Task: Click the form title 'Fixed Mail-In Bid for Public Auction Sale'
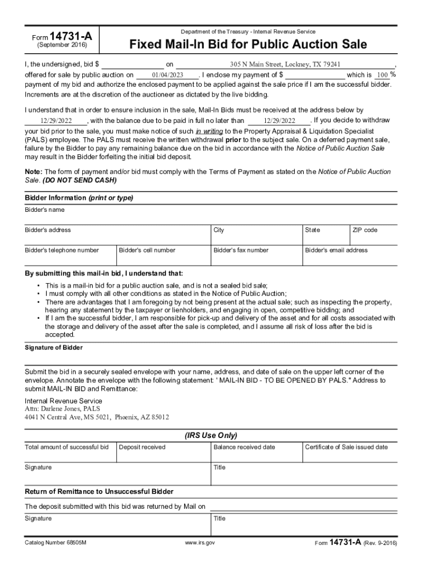[248, 44]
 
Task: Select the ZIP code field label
[365, 230]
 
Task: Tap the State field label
[312, 230]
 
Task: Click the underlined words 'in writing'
[209, 132]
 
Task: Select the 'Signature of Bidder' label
[54, 348]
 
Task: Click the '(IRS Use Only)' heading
[211, 435]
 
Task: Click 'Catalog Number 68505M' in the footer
[56, 543]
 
